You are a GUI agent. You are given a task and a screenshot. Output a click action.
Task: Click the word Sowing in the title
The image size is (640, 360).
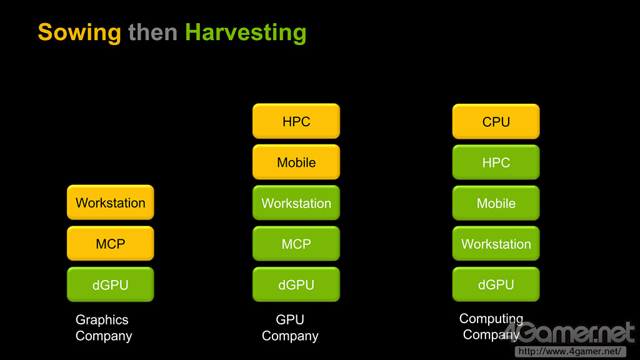79,33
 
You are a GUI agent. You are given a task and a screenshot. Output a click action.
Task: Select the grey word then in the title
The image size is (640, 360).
152,32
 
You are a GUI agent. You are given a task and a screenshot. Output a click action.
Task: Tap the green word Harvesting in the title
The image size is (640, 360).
246,33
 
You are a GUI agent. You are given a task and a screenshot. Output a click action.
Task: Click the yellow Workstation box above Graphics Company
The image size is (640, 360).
111,202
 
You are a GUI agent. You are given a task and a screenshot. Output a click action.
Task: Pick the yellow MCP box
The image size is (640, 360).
111,244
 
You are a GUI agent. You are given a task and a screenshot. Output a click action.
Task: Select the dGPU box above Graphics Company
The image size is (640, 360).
111,284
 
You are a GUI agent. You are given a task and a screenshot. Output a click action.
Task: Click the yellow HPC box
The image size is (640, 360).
296,121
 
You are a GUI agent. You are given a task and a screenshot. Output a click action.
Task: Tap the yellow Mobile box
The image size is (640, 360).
296,162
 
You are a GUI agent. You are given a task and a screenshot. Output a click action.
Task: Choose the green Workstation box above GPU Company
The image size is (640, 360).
296,203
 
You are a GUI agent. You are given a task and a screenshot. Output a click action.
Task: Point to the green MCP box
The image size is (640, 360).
296,244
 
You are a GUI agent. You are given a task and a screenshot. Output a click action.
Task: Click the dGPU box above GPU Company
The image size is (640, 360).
296,284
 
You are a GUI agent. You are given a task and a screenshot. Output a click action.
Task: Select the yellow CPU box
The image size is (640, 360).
496,122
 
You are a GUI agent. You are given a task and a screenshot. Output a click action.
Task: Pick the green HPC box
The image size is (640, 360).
496,162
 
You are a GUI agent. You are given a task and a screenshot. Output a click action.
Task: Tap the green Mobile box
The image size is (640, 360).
496,203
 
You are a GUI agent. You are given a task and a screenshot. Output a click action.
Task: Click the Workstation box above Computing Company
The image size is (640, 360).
496,244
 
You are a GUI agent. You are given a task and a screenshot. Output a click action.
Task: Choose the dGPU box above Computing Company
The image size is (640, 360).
496,284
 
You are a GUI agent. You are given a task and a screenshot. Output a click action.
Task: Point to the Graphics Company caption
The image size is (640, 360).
104,327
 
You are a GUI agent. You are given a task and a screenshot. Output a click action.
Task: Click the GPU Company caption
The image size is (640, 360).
290,327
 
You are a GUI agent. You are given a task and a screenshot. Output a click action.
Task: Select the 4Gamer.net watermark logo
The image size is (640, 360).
569,332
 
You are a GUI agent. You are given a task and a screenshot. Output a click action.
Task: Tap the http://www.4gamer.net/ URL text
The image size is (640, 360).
570,351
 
